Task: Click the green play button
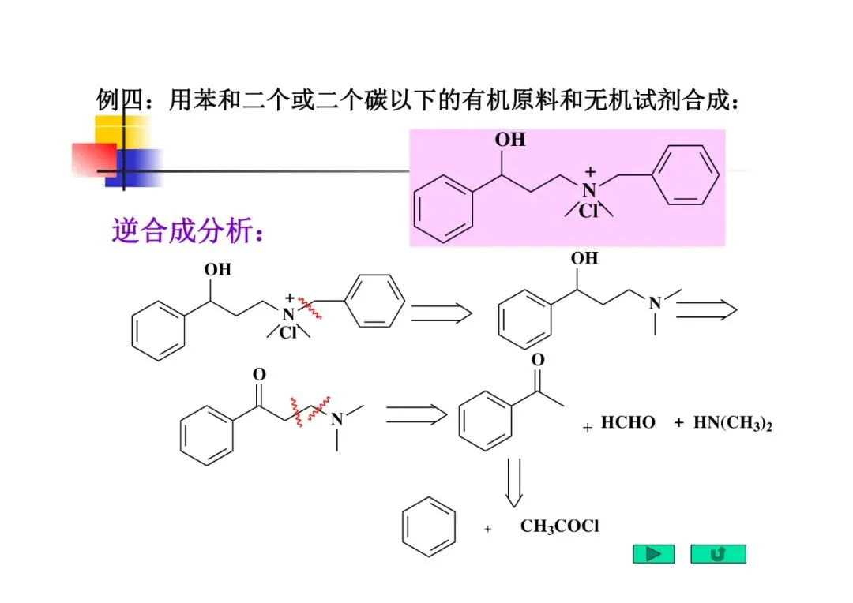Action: [x=653, y=554]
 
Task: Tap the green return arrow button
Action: [x=718, y=554]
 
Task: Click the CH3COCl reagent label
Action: [x=559, y=526]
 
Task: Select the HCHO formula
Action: [x=628, y=423]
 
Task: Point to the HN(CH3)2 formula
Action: [x=732, y=423]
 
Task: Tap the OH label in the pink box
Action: [x=509, y=140]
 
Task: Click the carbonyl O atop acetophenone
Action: [x=538, y=360]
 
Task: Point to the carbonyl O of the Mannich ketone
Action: [x=259, y=373]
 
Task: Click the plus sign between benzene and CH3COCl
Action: [x=487, y=529]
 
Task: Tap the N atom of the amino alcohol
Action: [x=655, y=303]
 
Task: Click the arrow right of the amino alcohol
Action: [x=706, y=311]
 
